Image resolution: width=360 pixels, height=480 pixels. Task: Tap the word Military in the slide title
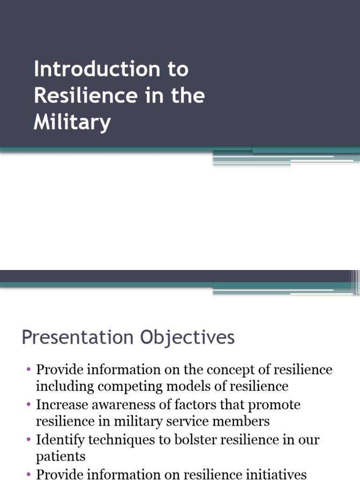(x=72, y=123)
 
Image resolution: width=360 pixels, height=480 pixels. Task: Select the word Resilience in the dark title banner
(x=82, y=96)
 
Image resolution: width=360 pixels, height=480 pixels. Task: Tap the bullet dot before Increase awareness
(x=29, y=405)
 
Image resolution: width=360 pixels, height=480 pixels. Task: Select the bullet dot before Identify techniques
(x=29, y=440)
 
